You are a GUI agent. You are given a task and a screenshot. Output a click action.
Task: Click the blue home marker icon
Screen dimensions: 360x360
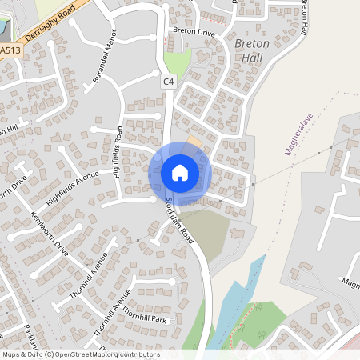tap(180, 173)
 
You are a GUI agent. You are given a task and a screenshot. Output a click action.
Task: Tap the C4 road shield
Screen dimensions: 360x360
tap(168, 81)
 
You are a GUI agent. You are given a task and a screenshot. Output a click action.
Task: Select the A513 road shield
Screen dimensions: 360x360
tap(10, 50)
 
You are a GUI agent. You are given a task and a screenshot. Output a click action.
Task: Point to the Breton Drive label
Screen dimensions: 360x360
tap(194, 32)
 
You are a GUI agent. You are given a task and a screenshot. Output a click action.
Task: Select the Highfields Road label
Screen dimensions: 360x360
tap(121, 151)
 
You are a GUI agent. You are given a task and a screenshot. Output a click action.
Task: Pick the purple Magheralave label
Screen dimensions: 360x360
tap(298, 133)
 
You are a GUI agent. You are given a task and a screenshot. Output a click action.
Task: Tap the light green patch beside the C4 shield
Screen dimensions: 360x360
tap(179, 63)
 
